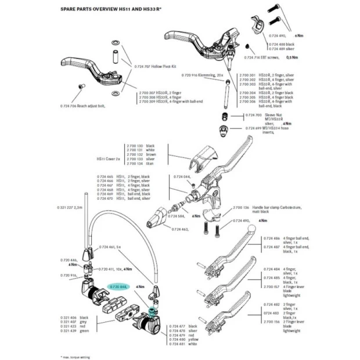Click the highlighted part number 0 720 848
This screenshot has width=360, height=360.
pyautogui.click(x=118, y=287)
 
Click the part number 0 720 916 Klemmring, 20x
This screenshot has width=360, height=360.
pyautogui.click(x=203, y=76)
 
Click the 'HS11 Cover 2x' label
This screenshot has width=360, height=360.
pyautogui.click(x=109, y=159)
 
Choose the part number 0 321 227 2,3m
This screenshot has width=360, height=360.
pyautogui.click(x=70, y=207)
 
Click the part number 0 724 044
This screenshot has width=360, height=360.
pyautogui.click(x=182, y=175)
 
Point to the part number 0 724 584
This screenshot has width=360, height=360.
pyautogui.click(x=177, y=215)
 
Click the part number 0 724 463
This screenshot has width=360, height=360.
pyautogui.click(x=180, y=229)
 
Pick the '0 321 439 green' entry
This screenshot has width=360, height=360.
pyautogui.click(x=74, y=330)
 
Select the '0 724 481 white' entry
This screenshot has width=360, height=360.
pyautogui.click(x=185, y=344)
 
